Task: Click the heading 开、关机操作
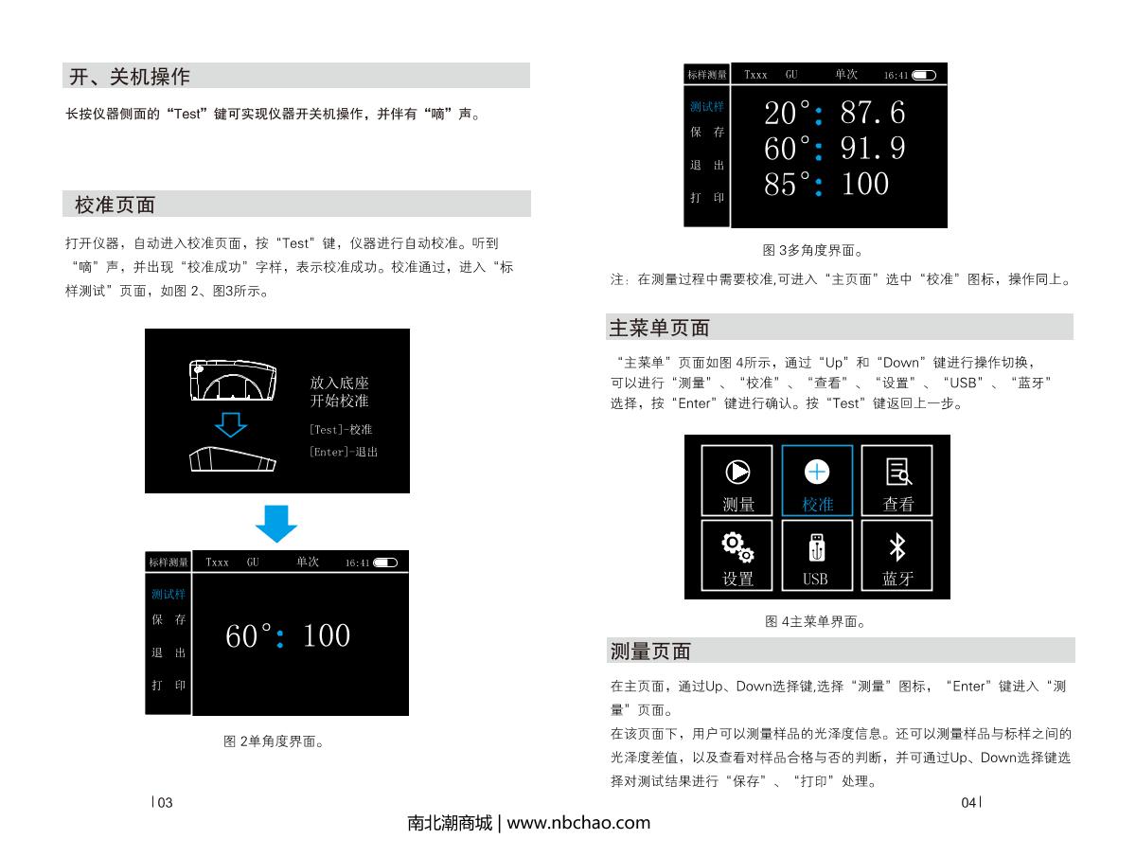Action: pyautogui.click(x=130, y=76)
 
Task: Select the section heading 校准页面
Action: pyautogui.click(x=115, y=205)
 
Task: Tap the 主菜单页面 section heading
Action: pyautogui.click(x=658, y=329)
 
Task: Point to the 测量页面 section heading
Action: pyautogui.click(x=650, y=652)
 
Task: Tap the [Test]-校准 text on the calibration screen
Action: pyautogui.click(x=340, y=430)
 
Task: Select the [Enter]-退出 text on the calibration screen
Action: pyautogui.click(x=343, y=452)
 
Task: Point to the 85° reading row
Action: pyautogui.click(x=826, y=184)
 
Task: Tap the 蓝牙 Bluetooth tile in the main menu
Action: pyautogui.click(x=896, y=554)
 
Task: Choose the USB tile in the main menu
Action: pyautogui.click(x=816, y=554)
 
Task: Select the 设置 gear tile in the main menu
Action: pyautogui.click(x=737, y=554)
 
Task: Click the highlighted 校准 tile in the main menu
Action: pyautogui.click(x=816, y=480)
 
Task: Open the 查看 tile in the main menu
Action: pyautogui.click(x=896, y=480)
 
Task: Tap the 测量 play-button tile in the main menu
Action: pyautogui.click(x=737, y=480)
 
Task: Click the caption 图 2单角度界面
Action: pyautogui.click(x=275, y=741)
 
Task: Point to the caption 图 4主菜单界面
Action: pyautogui.click(x=815, y=622)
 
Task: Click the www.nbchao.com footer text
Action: pyautogui.click(x=578, y=823)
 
